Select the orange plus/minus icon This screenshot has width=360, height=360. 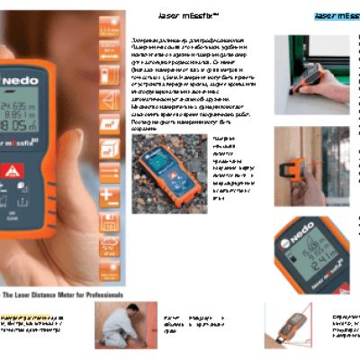[108, 193]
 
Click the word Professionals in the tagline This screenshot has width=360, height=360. [99, 294]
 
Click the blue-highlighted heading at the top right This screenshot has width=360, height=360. [337, 16]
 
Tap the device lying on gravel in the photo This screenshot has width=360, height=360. [166, 174]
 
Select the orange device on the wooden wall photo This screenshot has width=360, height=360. [294, 167]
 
